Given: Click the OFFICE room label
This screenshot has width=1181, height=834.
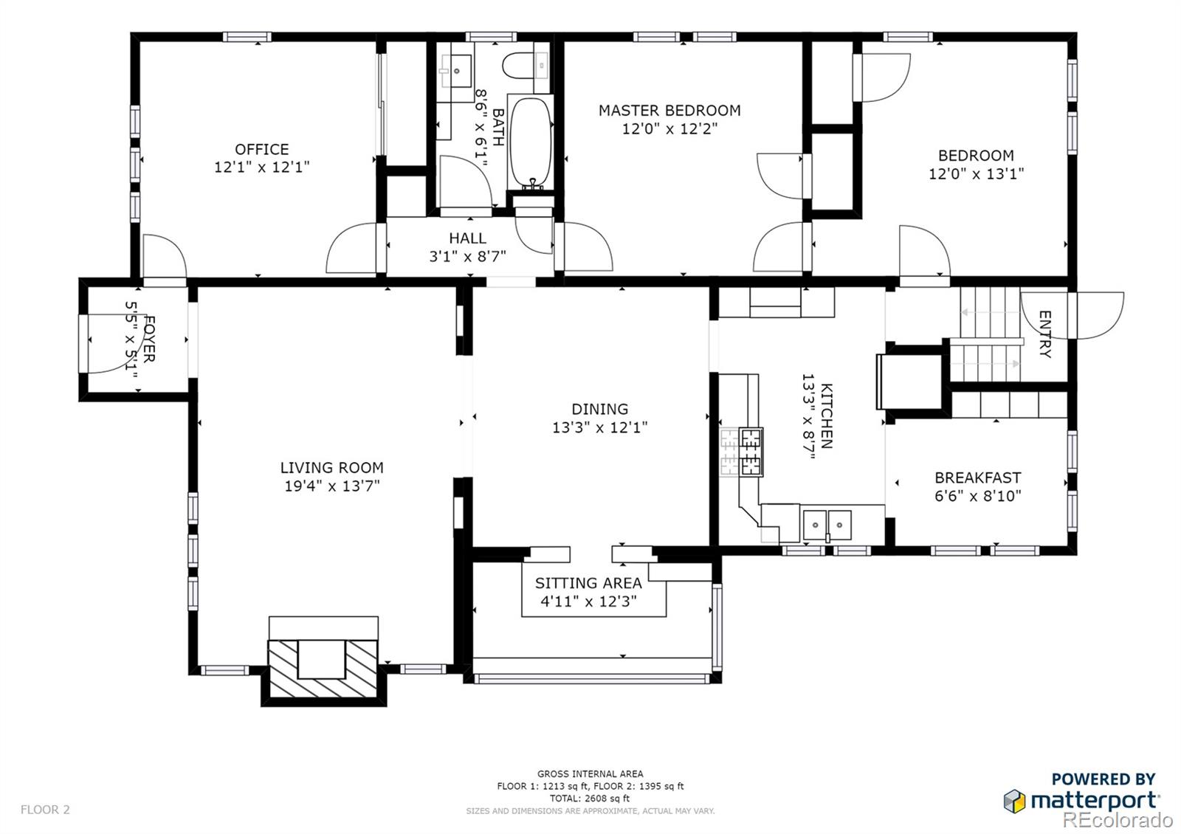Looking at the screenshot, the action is (x=261, y=150).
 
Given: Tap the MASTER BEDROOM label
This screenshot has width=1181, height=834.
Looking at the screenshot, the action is (x=669, y=111).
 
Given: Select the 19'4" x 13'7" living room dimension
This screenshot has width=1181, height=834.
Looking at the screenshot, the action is (x=332, y=486).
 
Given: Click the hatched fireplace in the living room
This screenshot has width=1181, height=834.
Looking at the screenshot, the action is (x=323, y=668).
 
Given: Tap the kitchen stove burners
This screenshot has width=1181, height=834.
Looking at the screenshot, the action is (x=751, y=452).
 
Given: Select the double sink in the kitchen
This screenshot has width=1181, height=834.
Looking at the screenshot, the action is (x=827, y=525).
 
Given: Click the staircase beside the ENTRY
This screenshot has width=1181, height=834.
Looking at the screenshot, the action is (x=990, y=334).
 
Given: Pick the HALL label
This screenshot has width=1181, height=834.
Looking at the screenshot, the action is (x=468, y=238).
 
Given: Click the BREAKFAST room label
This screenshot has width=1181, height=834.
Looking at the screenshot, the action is (x=978, y=478).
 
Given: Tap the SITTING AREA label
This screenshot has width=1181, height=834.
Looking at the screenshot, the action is (x=588, y=583).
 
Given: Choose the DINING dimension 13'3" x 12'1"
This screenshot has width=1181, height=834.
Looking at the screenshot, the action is (x=600, y=427).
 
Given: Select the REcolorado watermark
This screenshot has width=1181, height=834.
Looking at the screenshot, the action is (x=1118, y=820).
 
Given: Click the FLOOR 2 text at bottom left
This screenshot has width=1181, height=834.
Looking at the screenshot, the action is (x=45, y=810).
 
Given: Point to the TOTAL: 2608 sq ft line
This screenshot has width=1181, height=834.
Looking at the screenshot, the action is (x=590, y=798).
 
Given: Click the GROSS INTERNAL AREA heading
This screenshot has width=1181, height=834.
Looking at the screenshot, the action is (x=590, y=774).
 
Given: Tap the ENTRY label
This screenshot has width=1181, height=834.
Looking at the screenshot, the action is (x=1044, y=334).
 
